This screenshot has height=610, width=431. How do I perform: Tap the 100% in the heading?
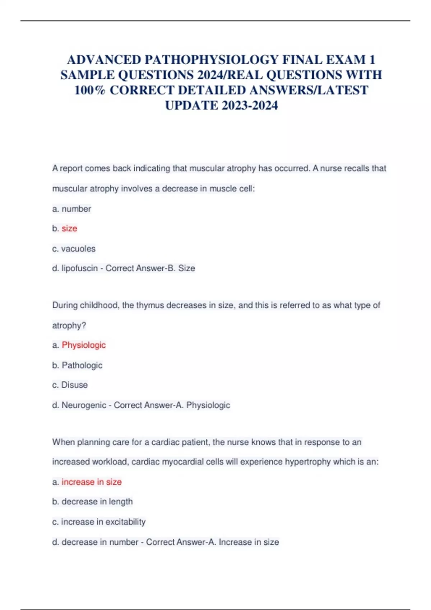tap(90, 90)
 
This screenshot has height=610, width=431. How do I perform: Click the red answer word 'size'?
tap(69, 229)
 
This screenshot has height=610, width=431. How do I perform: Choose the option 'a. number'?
tap(71, 209)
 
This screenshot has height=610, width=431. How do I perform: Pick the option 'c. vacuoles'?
tap(74, 249)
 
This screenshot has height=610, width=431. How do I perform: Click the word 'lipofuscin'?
tap(80, 268)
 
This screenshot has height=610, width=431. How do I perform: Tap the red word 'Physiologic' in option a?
tap(84, 345)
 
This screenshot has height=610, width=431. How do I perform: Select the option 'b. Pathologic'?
tap(77, 365)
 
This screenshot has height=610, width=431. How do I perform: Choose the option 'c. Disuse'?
tap(70, 385)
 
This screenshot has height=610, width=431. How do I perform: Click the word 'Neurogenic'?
tap(84, 405)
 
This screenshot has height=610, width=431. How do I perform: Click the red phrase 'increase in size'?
tap(92, 482)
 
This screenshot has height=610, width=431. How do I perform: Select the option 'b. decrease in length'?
tap(92, 502)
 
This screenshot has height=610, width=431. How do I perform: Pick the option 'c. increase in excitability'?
tap(99, 522)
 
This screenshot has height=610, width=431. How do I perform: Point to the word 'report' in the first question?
tap(71, 168)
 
